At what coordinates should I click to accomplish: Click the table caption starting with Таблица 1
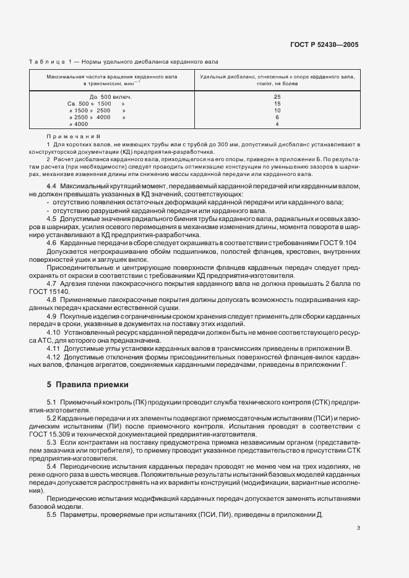pos(123,61)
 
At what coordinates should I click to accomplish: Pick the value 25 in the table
pos(277,98)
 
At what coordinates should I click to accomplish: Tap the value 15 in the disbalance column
pos(277,104)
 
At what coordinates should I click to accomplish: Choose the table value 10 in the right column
pos(277,111)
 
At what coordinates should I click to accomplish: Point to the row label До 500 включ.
pos(111,98)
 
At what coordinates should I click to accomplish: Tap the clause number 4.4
pos(52,186)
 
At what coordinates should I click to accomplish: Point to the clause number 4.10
pos(54,332)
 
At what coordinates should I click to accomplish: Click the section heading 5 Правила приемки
pos(88,385)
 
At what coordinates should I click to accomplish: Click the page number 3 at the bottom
pos(358,528)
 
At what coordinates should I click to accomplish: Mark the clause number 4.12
pos(54,356)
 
